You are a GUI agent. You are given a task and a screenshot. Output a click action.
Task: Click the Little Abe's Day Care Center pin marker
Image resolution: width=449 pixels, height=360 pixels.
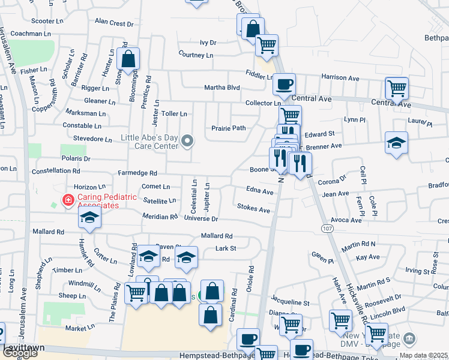[188, 142]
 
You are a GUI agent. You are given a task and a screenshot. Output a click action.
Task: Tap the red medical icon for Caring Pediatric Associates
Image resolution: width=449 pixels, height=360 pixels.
[68, 200]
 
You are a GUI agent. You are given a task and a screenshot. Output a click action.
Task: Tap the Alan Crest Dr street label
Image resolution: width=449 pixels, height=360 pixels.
[114, 23]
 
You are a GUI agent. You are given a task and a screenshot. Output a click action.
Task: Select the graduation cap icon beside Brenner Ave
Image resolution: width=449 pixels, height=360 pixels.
[396, 143]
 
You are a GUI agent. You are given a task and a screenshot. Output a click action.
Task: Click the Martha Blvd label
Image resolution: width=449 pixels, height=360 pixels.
[221, 88]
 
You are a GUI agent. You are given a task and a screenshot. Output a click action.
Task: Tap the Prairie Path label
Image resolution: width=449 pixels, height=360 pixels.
[228, 128]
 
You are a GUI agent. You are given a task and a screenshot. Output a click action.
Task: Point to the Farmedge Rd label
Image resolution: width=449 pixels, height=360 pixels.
[137, 173]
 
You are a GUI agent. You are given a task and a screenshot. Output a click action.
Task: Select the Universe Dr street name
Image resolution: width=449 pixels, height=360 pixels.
[201, 220]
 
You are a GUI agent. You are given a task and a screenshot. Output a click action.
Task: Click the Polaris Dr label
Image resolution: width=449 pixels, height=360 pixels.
[76, 159]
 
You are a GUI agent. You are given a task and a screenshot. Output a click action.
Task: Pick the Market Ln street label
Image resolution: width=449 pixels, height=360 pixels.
[80, 328]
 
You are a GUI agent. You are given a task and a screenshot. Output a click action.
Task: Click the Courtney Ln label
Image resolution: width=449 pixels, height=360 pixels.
[196, 55]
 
